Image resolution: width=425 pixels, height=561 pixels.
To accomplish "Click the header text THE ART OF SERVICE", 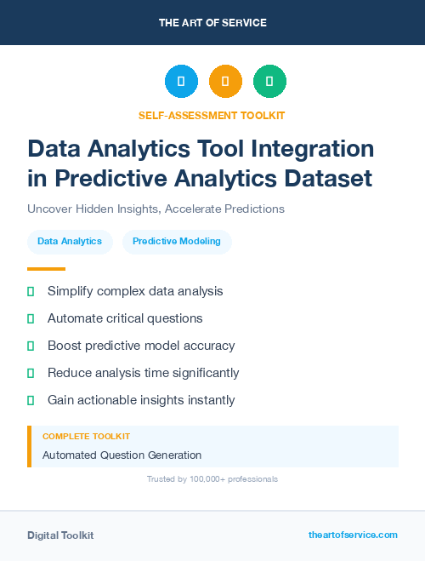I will click(212, 23).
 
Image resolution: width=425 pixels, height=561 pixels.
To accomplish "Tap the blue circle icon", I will click(181, 82).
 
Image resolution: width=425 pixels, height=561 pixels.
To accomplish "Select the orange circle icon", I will click(225, 82).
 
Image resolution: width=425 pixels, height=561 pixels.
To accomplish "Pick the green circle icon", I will click(269, 82).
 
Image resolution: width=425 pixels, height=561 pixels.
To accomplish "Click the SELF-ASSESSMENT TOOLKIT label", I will click(212, 115).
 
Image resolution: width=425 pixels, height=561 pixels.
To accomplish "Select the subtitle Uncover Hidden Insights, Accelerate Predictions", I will click(156, 209).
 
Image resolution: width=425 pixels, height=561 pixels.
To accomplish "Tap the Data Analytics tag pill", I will click(70, 242).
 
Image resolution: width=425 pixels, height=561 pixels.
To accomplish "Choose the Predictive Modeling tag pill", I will click(177, 242).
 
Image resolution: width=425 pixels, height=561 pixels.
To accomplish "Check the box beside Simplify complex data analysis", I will click(31, 291).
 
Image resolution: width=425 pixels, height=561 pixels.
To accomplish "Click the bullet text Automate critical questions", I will click(125, 318).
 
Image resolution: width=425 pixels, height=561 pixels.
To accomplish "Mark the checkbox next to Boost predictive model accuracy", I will click(31, 346).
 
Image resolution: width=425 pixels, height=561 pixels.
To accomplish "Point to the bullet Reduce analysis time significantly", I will click(143, 373).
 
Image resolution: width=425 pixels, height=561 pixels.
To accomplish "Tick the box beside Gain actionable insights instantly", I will click(31, 400).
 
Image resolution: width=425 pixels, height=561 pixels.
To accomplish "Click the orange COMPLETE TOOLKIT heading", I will click(86, 436).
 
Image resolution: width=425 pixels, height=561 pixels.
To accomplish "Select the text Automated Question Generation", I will click(122, 455).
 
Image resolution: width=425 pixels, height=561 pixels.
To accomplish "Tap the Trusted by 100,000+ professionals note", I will click(212, 479).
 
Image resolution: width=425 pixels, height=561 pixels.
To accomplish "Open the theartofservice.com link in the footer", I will click(353, 535).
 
